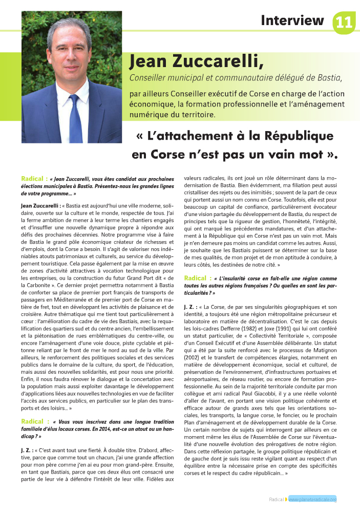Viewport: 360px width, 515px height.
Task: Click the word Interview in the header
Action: (x=292, y=20)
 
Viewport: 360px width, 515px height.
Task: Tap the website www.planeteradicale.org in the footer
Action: (x=312, y=499)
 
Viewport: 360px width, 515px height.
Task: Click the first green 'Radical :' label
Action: (x=35, y=179)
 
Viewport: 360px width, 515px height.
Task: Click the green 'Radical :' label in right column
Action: (x=197, y=278)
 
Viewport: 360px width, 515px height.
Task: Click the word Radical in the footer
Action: (x=277, y=499)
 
